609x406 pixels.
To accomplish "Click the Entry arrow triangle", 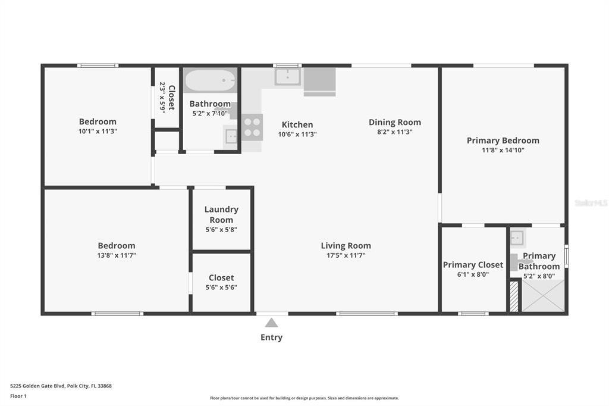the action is pyautogui.click(x=271, y=323).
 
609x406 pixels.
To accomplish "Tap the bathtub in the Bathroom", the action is pyautogui.click(x=210, y=80).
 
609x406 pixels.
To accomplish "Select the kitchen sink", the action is pyautogui.click(x=287, y=77).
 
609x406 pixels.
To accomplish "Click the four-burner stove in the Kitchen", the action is pyautogui.click(x=252, y=127).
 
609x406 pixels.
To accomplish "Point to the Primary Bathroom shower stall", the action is pyautogui.click(x=543, y=295).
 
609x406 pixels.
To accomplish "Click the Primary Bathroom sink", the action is pyautogui.click(x=517, y=238).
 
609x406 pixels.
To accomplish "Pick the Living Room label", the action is pyautogui.click(x=346, y=246).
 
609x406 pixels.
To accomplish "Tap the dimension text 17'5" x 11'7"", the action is pyautogui.click(x=346, y=255).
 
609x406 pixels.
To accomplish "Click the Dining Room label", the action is pyautogui.click(x=395, y=122).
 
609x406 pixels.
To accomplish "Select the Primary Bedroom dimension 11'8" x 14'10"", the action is pyautogui.click(x=503, y=150).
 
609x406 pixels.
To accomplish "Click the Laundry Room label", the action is pyautogui.click(x=221, y=214).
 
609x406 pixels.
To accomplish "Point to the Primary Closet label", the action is pyautogui.click(x=473, y=265).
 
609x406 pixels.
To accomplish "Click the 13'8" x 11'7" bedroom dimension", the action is pyautogui.click(x=117, y=255).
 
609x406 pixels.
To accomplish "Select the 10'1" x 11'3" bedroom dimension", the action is pyautogui.click(x=98, y=132).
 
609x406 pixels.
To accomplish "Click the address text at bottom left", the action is pyautogui.click(x=61, y=386).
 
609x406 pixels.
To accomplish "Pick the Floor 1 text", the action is pyautogui.click(x=18, y=396).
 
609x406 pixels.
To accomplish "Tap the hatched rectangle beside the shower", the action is pyautogui.click(x=514, y=296).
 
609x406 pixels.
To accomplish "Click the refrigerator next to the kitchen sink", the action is pyautogui.click(x=319, y=82).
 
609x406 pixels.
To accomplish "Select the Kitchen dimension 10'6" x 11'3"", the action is pyautogui.click(x=297, y=135).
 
